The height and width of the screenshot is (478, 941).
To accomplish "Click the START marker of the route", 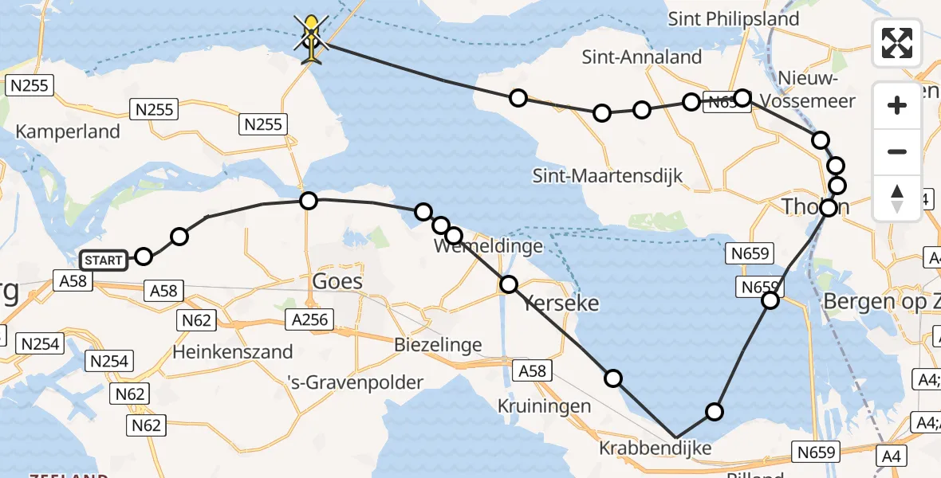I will (x=103, y=260).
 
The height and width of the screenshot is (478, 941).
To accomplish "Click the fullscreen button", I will (x=897, y=42).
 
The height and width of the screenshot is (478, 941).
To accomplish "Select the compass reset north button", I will (x=897, y=197).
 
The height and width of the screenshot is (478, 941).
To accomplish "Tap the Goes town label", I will (x=337, y=281).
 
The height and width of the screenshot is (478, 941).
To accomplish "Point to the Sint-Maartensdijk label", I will (x=608, y=176).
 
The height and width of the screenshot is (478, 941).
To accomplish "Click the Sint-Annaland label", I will (x=642, y=57).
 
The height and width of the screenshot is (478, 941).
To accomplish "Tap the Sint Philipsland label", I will (x=734, y=18).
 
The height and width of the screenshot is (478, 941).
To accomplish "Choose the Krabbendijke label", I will (x=656, y=449).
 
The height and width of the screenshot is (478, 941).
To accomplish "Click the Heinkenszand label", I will (x=233, y=351).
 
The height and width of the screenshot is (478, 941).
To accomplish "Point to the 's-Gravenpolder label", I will (x=356, y=382).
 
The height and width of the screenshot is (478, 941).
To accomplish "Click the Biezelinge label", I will (x=438, y=345).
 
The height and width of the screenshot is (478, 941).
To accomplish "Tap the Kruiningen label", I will (x=545, y=406).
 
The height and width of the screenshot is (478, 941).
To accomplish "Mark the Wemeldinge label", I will (x=489, y=246).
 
